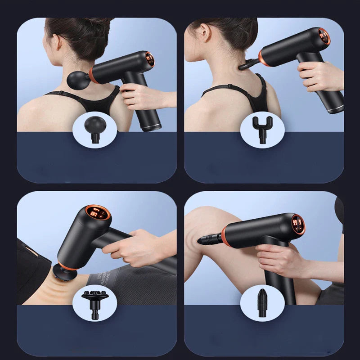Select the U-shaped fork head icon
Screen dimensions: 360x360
coord(262,127)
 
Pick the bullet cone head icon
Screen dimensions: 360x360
coord(262,301)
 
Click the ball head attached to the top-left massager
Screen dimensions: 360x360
coord(77,78)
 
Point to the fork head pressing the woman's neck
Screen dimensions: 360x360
coord(247,64)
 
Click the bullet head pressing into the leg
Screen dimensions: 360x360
coord(208,240)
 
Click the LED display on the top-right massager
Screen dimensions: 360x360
coord(324,36)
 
